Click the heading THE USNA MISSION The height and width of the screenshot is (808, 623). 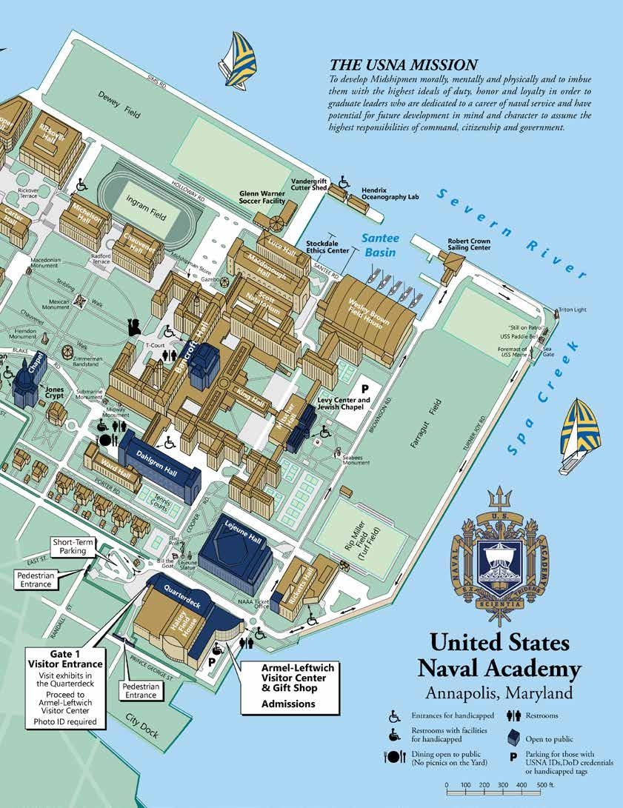[x=404, y=65]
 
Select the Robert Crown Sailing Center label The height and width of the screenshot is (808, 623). [x=469, y=245]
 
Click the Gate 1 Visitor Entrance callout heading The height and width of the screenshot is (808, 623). [x=65, y=658]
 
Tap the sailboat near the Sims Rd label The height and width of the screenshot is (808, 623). [x=239, y=59]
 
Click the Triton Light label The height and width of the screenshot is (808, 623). [x=572, y=309]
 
